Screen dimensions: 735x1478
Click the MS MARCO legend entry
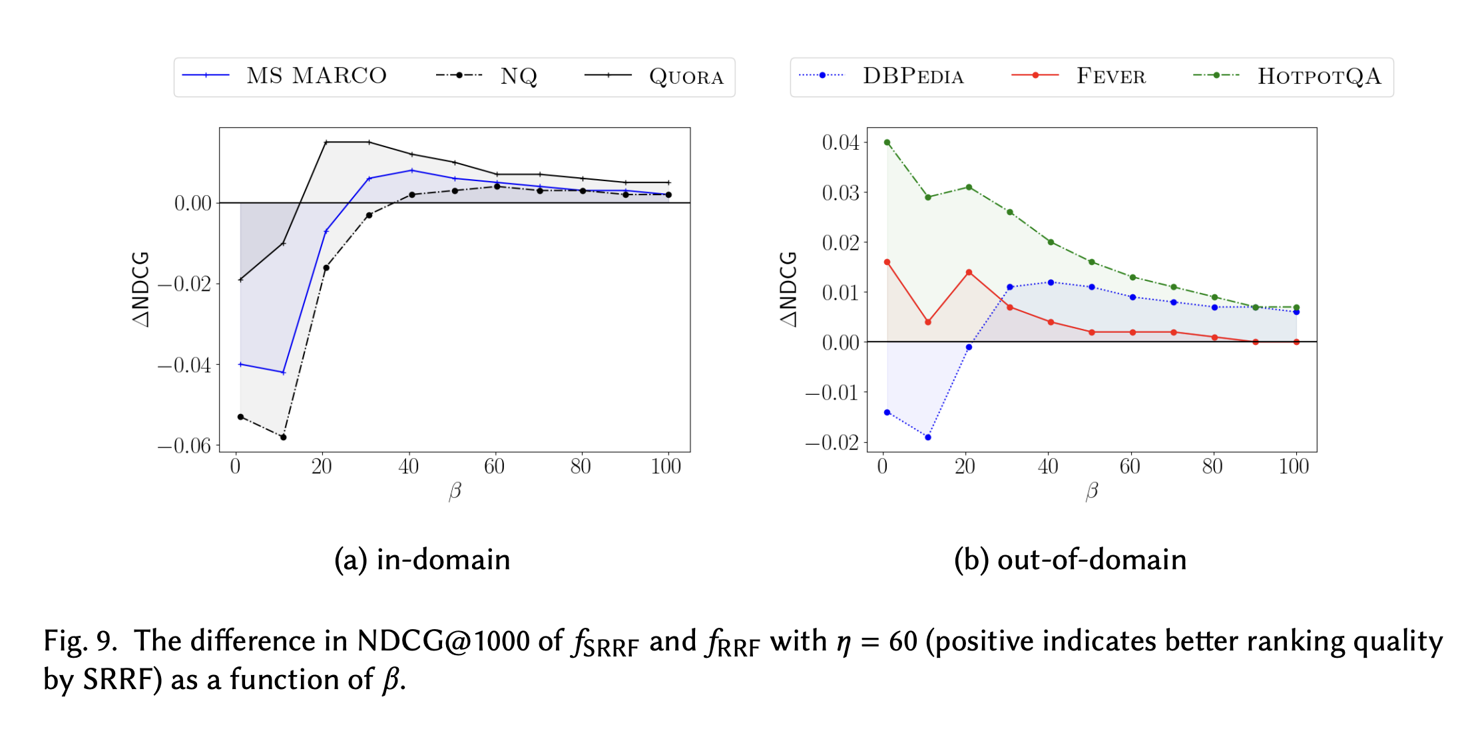284,76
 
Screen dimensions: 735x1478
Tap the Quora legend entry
654,77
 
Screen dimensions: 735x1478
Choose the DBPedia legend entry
881,76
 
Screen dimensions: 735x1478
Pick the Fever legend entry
1079,76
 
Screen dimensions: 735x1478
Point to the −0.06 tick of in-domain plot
184,445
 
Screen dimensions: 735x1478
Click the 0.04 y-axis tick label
840,142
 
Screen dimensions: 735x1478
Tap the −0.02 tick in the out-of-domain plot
832,442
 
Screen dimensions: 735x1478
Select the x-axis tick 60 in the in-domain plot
494,467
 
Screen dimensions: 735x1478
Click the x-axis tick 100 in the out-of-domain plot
1294,467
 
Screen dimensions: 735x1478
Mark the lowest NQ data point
284,437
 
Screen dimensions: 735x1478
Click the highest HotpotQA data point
887,142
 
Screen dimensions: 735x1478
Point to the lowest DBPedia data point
928,437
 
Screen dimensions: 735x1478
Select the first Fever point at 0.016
887,262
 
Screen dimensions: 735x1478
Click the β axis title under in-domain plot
455,491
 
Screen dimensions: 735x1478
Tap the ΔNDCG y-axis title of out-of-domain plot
789,290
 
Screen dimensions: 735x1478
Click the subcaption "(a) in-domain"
422,560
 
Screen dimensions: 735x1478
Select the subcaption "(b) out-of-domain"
1070,560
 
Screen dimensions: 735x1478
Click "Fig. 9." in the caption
80,641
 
